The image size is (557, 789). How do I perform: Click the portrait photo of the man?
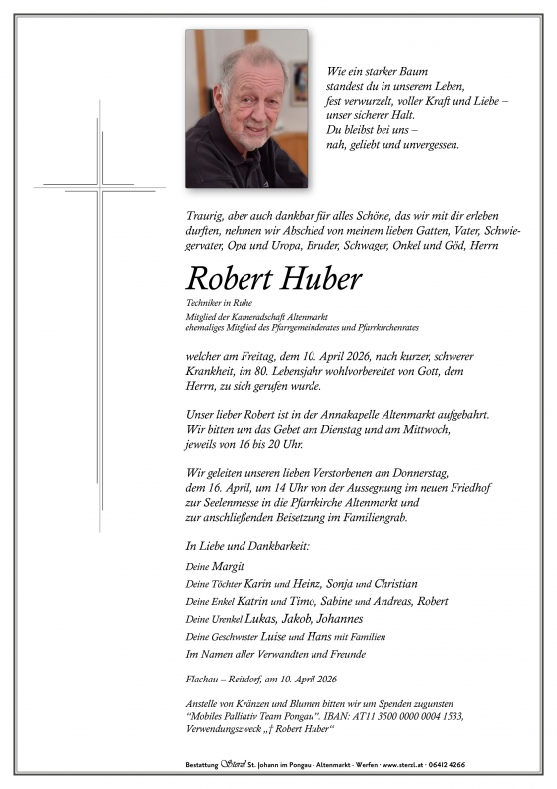[246, 108]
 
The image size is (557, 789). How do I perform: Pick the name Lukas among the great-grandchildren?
[261, 618]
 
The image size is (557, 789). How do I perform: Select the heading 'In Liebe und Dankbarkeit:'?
[246, 545]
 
